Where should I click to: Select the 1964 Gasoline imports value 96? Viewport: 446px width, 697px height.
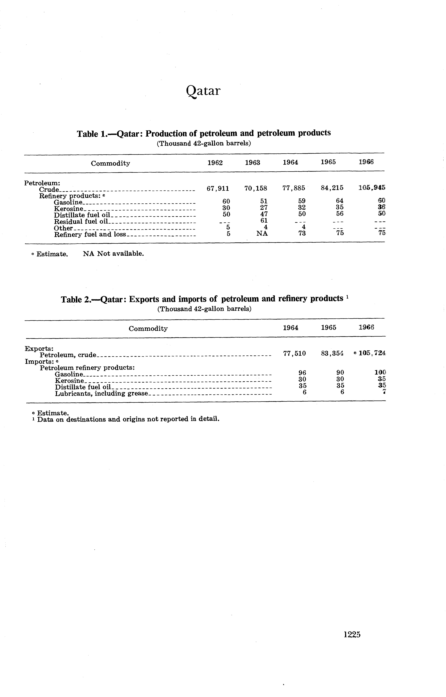click(x=302, y=373)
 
